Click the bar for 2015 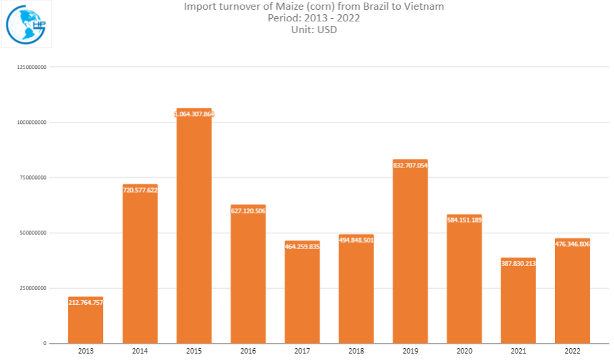pyautogui.click(x=194, y=227)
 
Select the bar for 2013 pyautogui.click(x=86, y=320)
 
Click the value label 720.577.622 pyautogui.click(x=140, y=190)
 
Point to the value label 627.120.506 pyautogui.click(x=248, y=210)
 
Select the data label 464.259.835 pyautogui.click(x=302, y=246)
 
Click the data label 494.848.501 pyautogui.click(x=356, y=240)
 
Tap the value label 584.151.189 pyautogui.click(x=464, y=220)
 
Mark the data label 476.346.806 pyautogui.click(x=573, y=244)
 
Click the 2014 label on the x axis pyautogui.click(x=139, y=351)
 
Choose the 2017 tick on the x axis pyautogui.click(x=301, y=351)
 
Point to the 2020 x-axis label pyautogui.click(x=464, y=351)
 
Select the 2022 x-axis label pyautogui.click(x=572, y=351)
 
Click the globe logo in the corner pyautogui.click(x=26, y=24)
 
